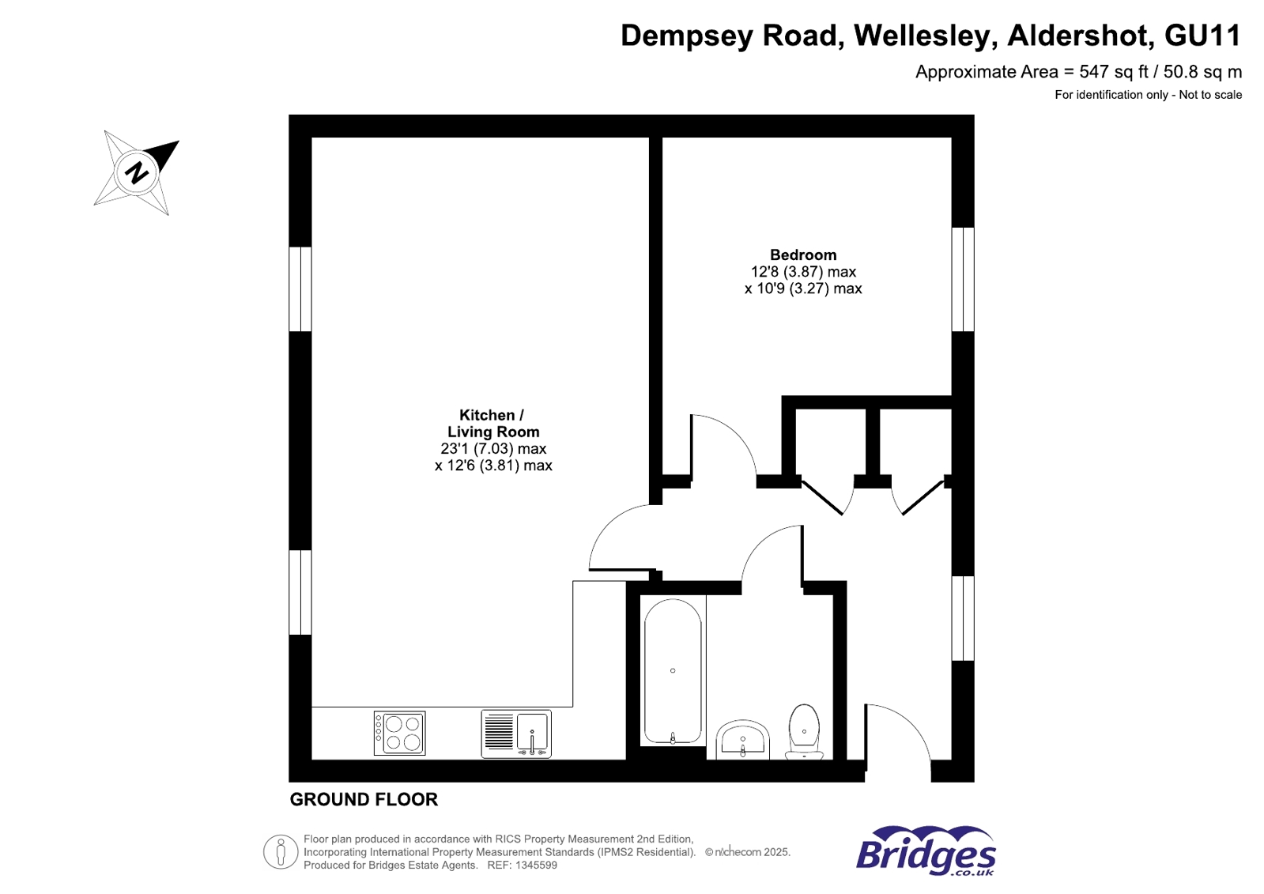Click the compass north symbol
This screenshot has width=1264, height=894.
pyautogui.click(x=136, y=172)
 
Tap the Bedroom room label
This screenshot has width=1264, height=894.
pyautogui.click(x=802, y=255)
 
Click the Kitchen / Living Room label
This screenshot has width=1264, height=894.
pyautogui.click(x=492, y=423)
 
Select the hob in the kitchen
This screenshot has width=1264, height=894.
pyautogui.click(x=399, y=733)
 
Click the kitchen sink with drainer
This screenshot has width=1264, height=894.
pyautogui.click(x=515, y=734)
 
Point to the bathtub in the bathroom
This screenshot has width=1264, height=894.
pyautogui.click(x=672, y=671)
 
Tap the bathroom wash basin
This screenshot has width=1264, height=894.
pyautogui.click(x=742, y=740)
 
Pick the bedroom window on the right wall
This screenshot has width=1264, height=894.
pyautogui.click(x=962, y=279)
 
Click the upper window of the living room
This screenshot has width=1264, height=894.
pyautogui.click(x=300, y=289)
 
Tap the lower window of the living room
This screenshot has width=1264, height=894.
pyautogui.click(x=300, y=592)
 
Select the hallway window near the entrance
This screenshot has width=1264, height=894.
pyautogui.click(x=962, y=618)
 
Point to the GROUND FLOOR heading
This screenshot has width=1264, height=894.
pyautogui.click(x=364, y=799)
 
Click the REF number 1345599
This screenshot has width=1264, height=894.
pyautogui.click(x=536, y=866)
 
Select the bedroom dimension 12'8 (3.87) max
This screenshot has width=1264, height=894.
pyautogui.click(x=802, y=272)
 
